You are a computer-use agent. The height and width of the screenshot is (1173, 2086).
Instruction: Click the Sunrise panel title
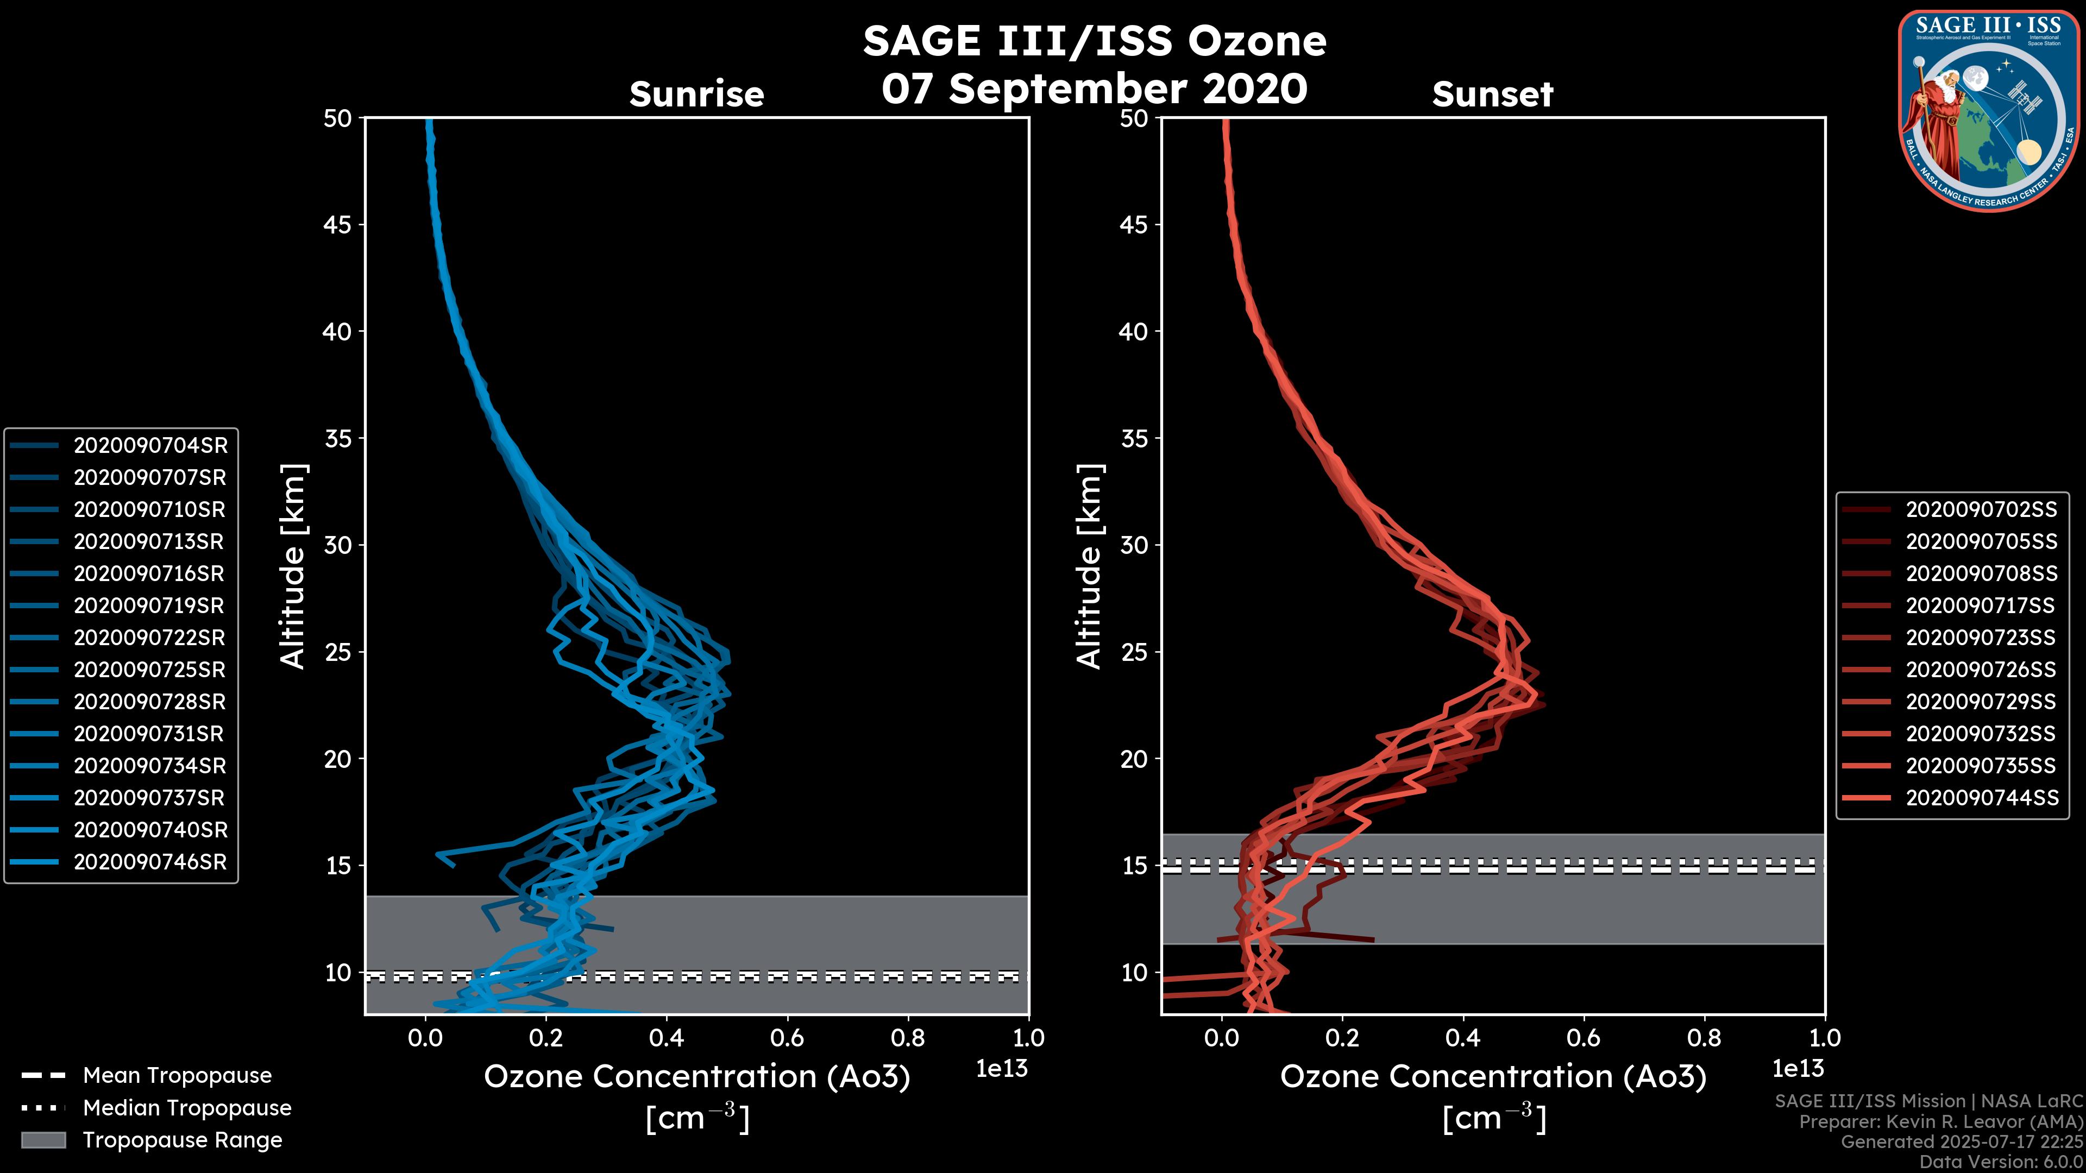click(696, 94)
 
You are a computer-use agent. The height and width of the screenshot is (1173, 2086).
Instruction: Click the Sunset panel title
click(1492, 94)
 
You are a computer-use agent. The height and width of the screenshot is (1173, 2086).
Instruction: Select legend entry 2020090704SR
click(150, 445)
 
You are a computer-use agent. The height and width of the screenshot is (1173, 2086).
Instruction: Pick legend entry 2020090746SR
click(150, 861)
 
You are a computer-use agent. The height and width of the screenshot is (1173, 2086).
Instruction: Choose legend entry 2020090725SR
click(150, 670)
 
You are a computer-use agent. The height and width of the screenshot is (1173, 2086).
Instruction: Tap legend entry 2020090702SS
click(1981, 509)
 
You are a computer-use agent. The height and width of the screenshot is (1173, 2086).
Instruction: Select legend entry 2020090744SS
click(1981, 797)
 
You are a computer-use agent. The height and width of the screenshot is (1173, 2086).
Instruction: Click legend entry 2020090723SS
click(1981, 637)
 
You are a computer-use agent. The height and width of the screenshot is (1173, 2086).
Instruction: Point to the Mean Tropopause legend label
click(177, 1075)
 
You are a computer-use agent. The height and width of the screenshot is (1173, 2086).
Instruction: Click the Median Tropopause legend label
click(187, 1107)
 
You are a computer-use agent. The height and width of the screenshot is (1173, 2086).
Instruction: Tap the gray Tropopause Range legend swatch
click(43, 1140)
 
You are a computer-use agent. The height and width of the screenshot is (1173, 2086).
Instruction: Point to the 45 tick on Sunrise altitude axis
click(338, 224)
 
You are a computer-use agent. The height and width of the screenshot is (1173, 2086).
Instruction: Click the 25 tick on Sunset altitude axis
click(1134, 652)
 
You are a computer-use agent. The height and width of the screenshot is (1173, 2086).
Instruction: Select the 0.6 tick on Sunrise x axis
click(787, 1038)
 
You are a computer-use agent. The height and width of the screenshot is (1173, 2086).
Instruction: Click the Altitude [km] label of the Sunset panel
click(1090, 566)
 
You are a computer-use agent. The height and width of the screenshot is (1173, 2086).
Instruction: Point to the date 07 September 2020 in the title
click(1094, 88)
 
